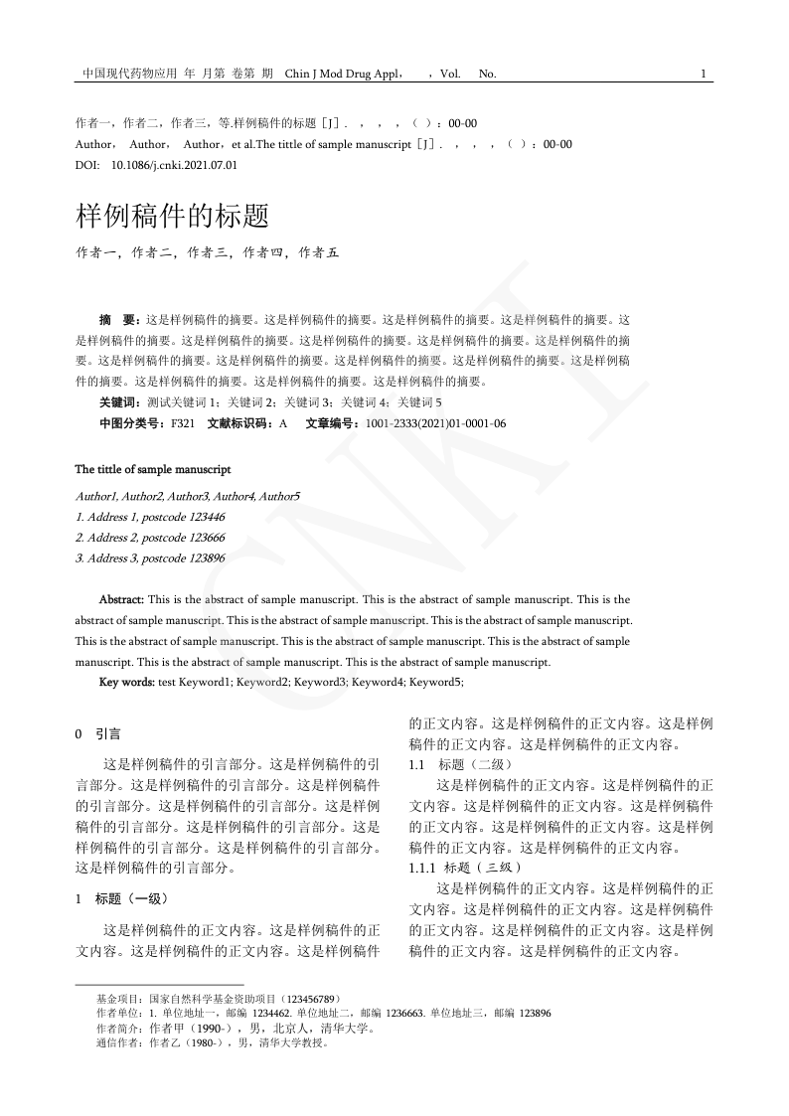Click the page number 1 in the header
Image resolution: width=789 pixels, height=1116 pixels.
coord(704,74)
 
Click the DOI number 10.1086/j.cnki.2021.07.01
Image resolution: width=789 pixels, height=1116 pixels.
coord(174,165)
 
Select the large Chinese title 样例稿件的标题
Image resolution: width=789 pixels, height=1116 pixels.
coord(172,216)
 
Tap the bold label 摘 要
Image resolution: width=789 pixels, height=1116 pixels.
coord(120,320)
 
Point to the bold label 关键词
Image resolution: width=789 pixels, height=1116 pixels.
coord(120,401)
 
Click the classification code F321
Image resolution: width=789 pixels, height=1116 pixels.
coord(183,423)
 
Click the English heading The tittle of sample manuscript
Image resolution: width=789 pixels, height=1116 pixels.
coord(153,469)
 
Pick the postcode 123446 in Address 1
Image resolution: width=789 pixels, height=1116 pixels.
coord(202,517)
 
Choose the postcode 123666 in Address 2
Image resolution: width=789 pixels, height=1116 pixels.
coord(202,538)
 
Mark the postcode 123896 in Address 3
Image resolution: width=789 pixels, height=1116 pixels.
coord(202,558)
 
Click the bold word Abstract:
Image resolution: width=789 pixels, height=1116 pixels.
coord(122,599)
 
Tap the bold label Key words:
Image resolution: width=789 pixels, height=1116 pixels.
coord(126,682)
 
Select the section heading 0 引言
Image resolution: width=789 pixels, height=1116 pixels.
coord(98,734)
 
